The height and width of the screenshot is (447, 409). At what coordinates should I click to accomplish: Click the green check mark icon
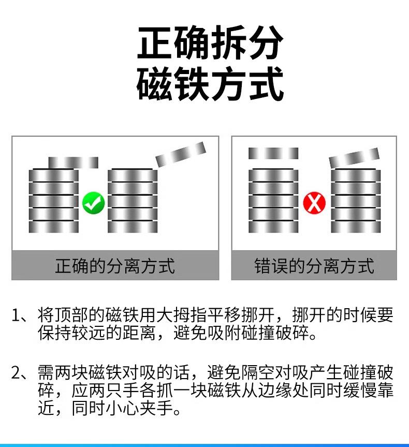[94, 203]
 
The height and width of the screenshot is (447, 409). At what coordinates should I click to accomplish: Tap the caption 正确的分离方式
[115, 266]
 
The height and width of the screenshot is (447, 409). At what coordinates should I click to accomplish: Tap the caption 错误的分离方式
[314, 266]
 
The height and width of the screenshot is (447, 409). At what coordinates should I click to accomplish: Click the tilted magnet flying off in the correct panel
[181, 153]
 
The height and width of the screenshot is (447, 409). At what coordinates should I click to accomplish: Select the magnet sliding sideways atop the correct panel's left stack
[73, 162]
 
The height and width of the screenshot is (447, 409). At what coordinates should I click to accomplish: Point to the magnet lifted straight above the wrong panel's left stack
[273, 153]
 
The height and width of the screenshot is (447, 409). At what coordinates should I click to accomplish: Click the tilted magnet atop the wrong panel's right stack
[354, 157]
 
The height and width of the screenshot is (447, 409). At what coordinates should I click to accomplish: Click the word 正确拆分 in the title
[210, 43]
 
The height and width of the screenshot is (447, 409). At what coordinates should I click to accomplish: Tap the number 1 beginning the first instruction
[16, 315]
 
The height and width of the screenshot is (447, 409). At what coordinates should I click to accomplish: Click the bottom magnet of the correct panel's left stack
[53, 226]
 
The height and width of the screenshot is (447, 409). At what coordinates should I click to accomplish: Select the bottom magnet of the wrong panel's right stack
[356, 226]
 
